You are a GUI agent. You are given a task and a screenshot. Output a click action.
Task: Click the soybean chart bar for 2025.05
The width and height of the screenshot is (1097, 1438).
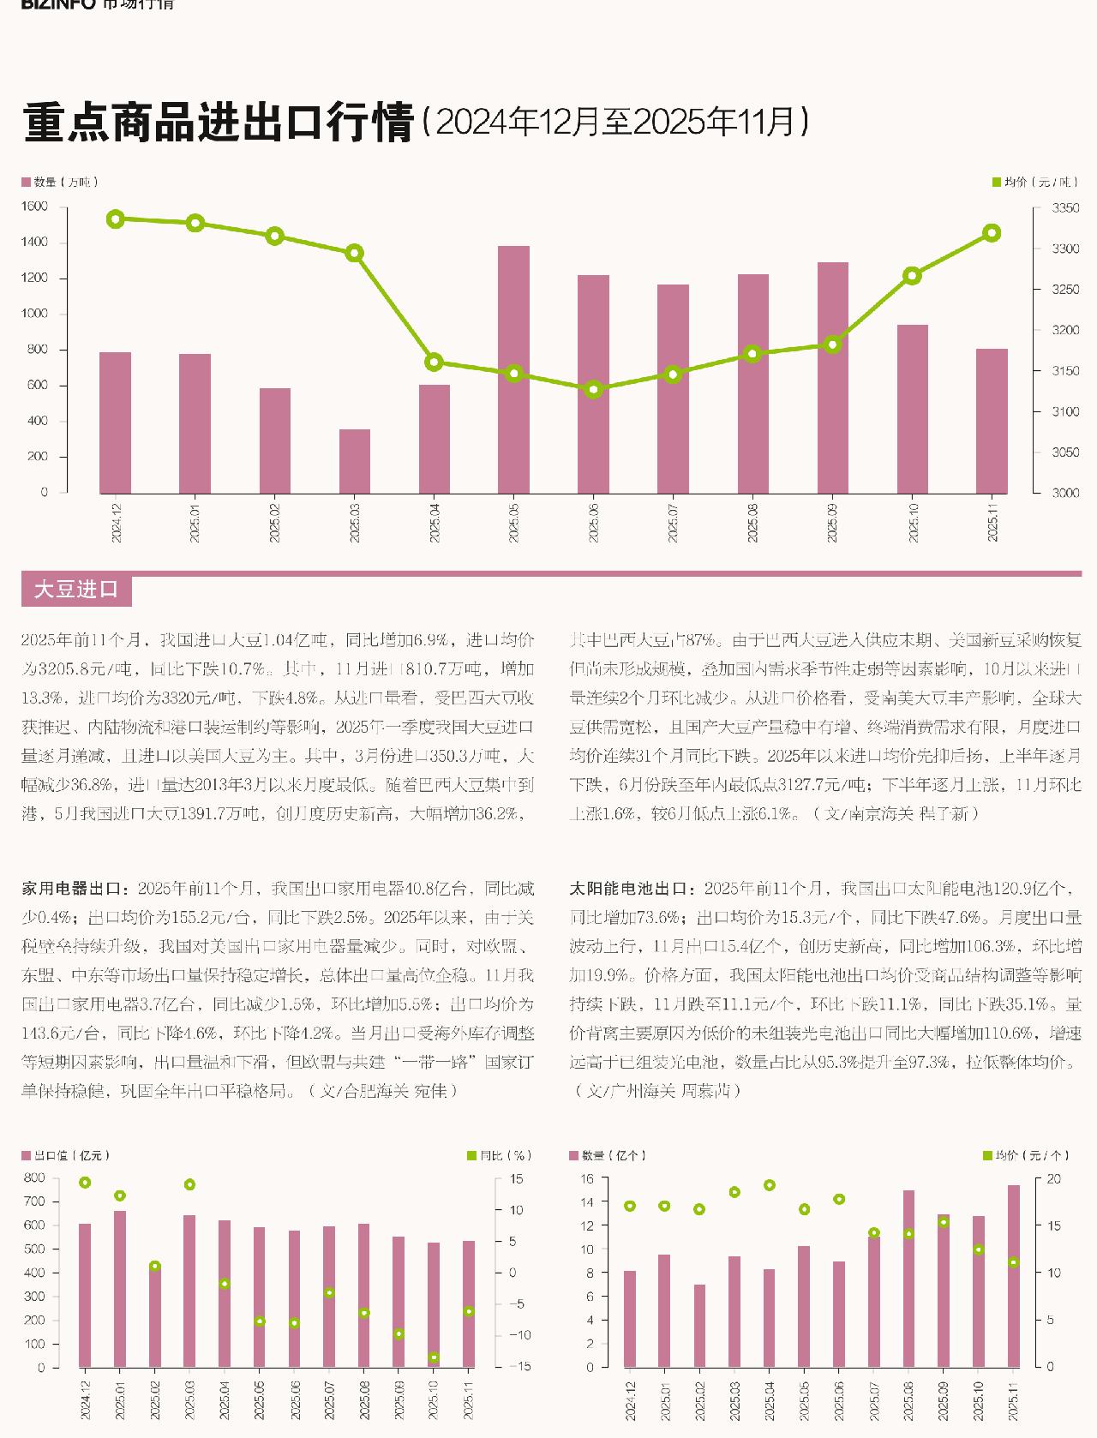click(513, 369)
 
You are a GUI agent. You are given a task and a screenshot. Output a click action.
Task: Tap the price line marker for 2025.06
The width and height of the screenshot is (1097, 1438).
click(593, 389)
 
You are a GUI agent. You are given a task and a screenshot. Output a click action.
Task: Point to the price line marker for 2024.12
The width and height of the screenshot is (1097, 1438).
click(116, 219)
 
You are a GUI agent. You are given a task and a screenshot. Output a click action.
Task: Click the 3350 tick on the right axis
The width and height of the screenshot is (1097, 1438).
click(1066, 208)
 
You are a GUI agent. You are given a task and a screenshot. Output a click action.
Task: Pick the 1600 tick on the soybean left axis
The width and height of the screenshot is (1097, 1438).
click(34, 207)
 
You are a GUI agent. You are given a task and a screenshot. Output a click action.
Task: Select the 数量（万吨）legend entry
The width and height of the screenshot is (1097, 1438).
click(60, 182)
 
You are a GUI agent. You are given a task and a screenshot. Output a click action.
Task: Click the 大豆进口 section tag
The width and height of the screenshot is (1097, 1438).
click(76, 590)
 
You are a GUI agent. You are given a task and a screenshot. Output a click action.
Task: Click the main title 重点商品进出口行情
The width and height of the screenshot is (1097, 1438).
click(219, 123)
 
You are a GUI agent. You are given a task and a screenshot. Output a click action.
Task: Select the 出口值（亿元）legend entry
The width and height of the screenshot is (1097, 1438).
click(66, 1156)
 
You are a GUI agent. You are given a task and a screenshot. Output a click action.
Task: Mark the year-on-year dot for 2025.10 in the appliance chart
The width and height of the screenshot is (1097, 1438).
click(434, 1357)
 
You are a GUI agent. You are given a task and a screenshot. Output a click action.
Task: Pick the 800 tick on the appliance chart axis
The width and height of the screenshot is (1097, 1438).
click(34, 1177)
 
